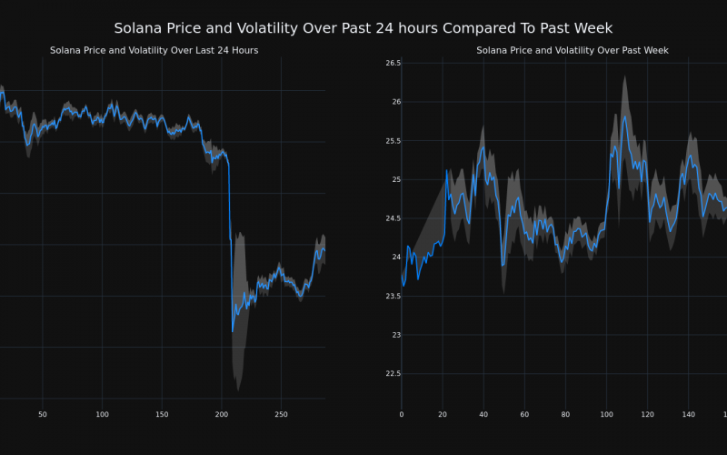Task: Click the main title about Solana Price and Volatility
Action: pos(363,28)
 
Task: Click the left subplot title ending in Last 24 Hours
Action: pos(154,51)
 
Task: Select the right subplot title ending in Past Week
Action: pos(573,51)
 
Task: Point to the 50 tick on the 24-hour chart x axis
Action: pos(43,415)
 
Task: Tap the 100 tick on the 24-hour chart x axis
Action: pos(102,415)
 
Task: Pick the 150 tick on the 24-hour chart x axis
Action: pos(162,415)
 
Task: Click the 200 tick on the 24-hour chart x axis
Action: pos(222,415)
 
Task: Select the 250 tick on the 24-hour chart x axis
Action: pos(281,415)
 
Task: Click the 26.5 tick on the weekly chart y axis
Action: pos(393,63)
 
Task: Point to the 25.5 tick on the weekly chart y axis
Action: pos(393,141)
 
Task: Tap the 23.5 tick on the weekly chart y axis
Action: pos(393,296)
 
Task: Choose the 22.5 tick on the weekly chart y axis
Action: pos(393,373)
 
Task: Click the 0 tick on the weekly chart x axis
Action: pos(402,415)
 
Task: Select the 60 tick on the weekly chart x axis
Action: pos(524,415)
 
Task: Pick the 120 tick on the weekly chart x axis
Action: pos(647,415)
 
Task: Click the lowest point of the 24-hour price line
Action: pos(233,331)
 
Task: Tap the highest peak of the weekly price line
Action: pos(625,116)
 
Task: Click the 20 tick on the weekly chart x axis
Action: pos(443,415)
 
